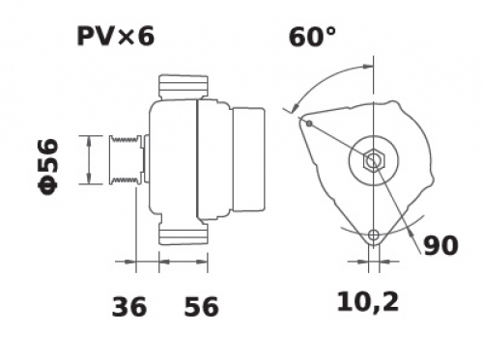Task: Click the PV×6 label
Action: click(116, 37)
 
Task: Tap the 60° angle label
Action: click(312, 38)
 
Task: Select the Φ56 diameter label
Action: click(48, 167)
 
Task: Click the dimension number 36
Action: click(129, 307)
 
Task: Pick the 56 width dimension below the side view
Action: click(201, 307)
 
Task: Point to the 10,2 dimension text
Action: click(368, 302)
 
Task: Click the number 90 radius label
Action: click(440, 246)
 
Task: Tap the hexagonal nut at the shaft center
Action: click(374, 160)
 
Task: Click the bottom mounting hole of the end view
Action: click(374, 235)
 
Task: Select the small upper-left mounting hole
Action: click(309, 124)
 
